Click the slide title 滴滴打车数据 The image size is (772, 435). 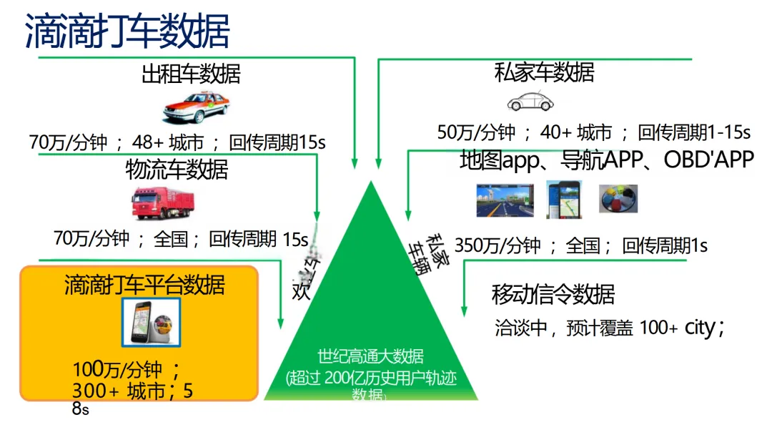(127, 29)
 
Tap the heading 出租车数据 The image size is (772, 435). (191, 74)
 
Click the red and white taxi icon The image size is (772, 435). (196, 108)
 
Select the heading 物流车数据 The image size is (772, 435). (177, 170)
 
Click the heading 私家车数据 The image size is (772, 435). (544, 72)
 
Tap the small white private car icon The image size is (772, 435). (530, 102)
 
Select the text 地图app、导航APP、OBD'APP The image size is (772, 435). (607, 160)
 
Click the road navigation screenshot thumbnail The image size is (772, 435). (505, 200)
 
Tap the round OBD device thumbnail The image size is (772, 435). (618, 200)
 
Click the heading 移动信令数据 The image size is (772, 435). (553, 294)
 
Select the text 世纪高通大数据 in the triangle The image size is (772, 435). (370, 356)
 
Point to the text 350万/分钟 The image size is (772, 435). (498, 246)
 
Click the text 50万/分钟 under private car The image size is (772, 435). (477, 132)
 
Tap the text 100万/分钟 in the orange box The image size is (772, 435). (118, 370)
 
